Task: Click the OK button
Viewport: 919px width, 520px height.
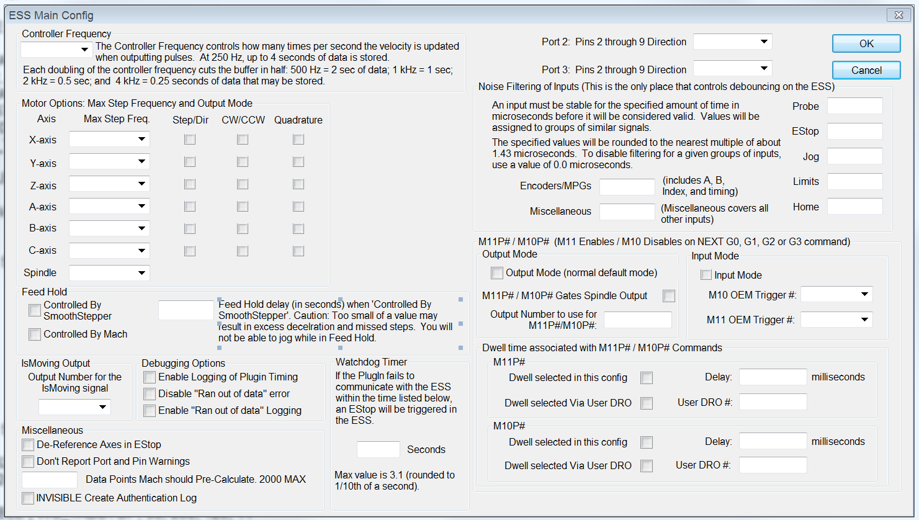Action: (866, 43)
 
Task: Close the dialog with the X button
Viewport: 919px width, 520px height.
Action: (898, 15)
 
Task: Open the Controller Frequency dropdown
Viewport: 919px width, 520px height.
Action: (56, 50)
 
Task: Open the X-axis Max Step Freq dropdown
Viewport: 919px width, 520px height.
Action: (109, 139)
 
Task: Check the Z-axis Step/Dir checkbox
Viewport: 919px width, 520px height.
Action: (190, 184)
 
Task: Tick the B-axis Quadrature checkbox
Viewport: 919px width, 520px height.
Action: (298, 228)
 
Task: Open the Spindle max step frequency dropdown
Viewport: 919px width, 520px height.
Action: (109, 272)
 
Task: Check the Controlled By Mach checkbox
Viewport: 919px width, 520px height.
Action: (35, 334)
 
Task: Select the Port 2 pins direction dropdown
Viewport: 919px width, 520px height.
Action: (732, 42)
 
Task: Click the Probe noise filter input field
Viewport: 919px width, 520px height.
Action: (854, 106)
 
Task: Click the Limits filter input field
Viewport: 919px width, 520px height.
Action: (854, 181)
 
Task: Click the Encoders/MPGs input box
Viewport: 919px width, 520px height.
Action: (627, 187)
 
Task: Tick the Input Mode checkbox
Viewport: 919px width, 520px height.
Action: (706, 275)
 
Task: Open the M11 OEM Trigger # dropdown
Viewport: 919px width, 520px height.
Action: (836, 320)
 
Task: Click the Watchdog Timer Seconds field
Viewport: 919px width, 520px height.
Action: (378, 449)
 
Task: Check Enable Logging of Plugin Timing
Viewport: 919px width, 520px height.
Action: (150, 377)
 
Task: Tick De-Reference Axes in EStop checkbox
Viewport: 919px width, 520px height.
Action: (28, 445)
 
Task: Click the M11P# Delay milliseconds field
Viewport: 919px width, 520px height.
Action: (773, 377)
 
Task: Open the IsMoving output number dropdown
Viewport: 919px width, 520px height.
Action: (74, 407)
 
